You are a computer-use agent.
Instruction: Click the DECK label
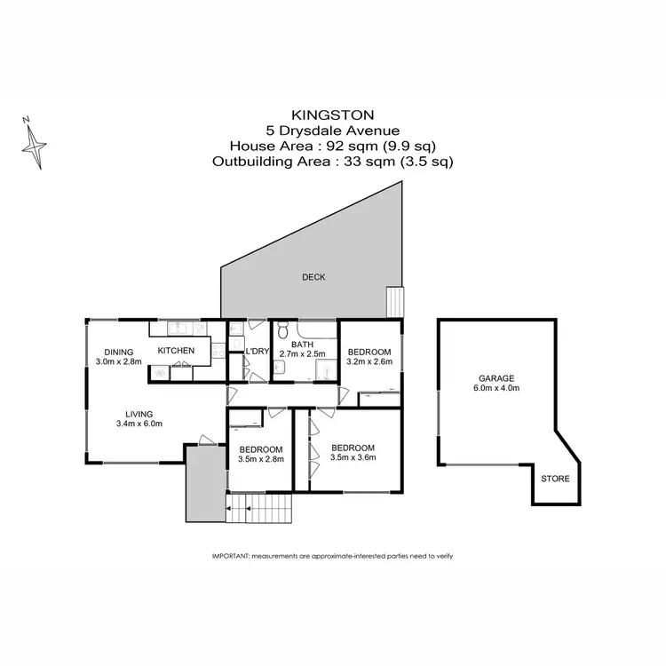[x=313, y=277]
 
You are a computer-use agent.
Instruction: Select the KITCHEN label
[x=176, y=351]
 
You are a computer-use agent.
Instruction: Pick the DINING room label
[x=118, y=351]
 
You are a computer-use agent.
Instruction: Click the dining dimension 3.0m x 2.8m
[x=119, y=361]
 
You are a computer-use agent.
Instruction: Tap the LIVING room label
[x=140, y=414]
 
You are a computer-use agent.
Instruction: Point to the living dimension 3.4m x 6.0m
[x=140, y=424]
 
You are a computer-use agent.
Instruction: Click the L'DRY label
[x=257, y=352]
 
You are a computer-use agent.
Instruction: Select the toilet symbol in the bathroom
[x=282, y=332]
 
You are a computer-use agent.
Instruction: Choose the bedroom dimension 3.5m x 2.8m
[x=261, y=459]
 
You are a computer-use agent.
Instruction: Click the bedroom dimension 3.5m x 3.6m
[x=353, y=458]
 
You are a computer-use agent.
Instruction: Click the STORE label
[x=556, y=479]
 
